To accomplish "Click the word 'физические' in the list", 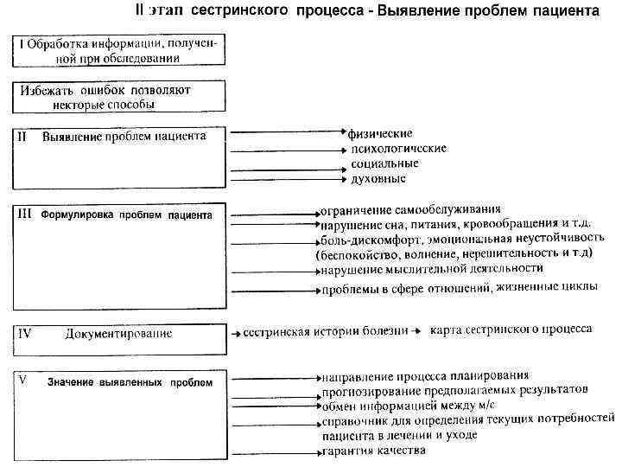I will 381,134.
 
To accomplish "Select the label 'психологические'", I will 398,149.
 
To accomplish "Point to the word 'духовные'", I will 378,178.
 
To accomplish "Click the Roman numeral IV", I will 25,333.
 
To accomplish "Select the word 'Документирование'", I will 117,333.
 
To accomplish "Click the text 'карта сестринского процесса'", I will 511,329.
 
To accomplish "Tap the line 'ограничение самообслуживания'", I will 410,210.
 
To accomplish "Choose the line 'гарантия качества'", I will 373,451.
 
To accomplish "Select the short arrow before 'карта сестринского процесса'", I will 416,330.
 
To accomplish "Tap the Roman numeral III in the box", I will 26,213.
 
